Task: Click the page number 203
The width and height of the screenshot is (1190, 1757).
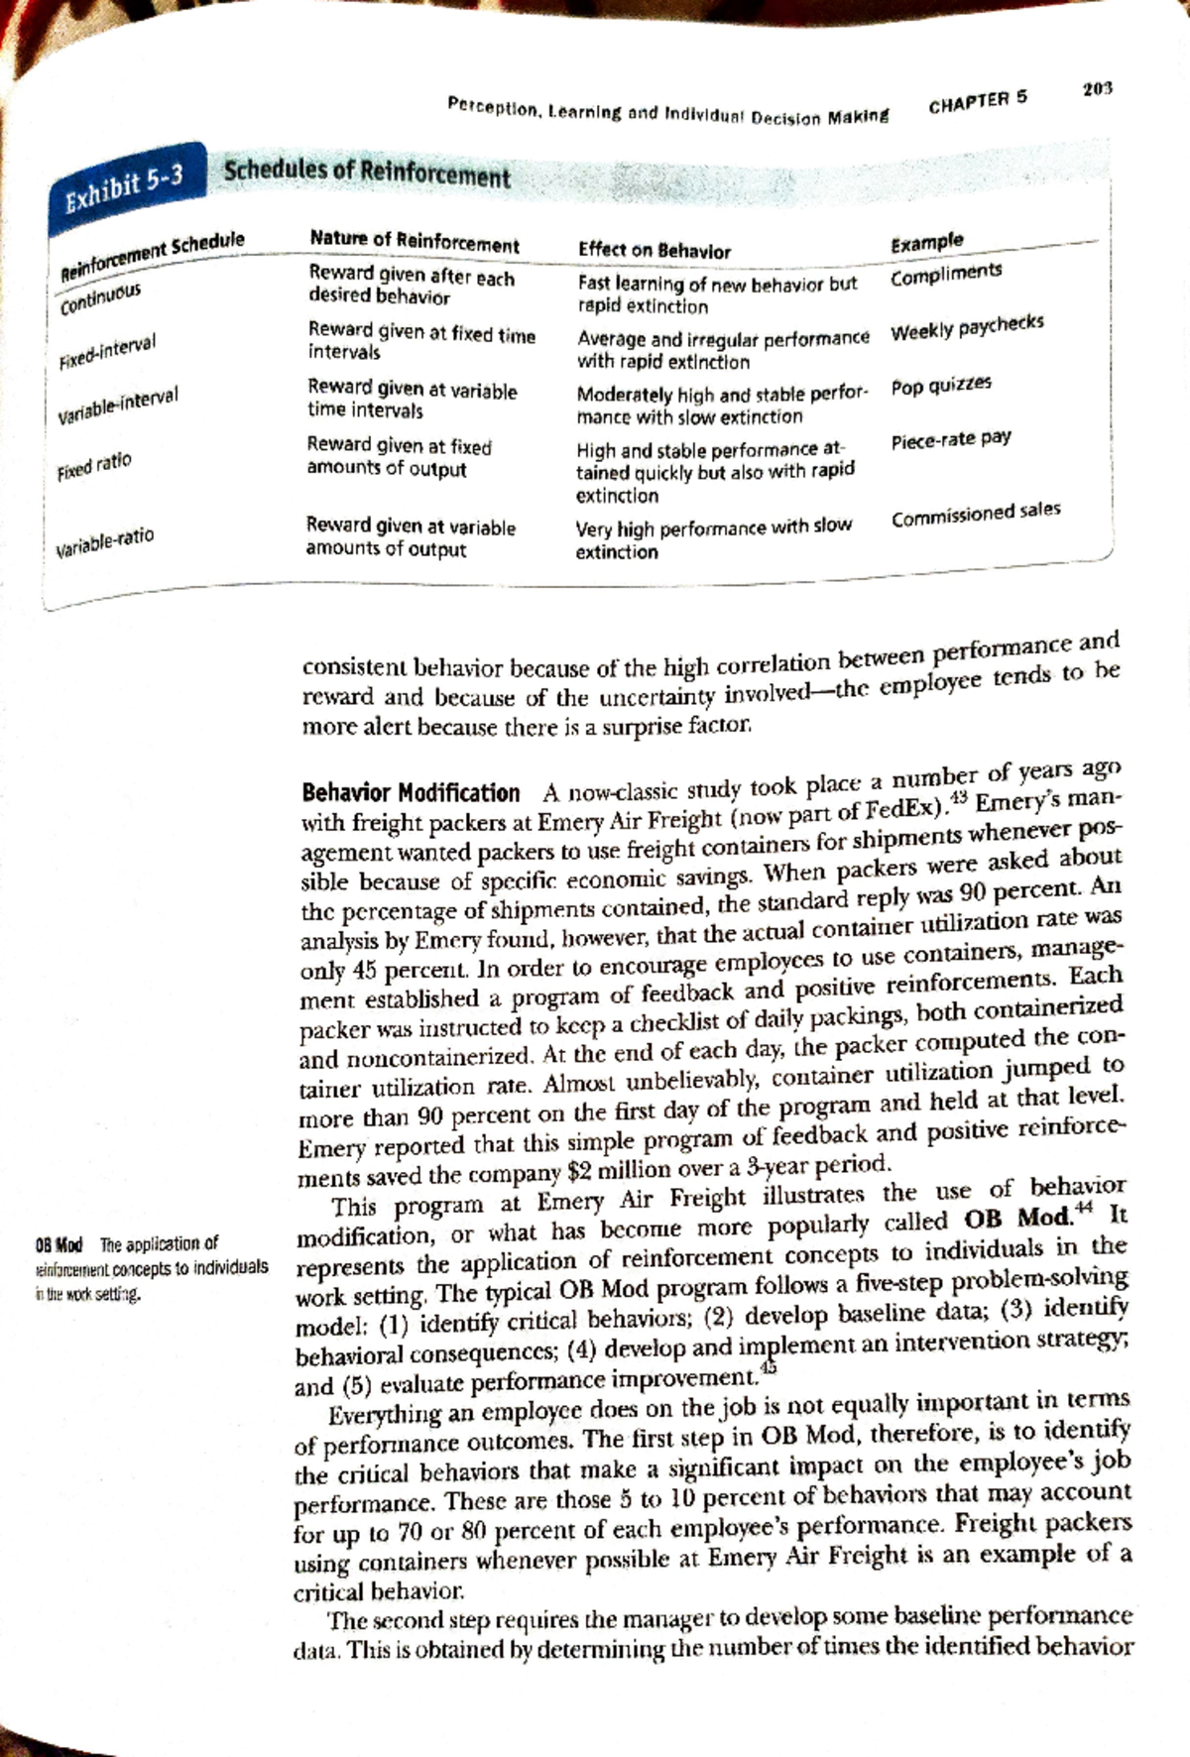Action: [x=1098, y=88]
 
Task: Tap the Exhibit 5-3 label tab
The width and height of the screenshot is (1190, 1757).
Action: [x=124, y=188]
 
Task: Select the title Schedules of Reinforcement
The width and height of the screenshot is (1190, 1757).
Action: [x=367, y=174]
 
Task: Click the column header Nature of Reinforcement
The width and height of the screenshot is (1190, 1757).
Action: [x=414, y=242]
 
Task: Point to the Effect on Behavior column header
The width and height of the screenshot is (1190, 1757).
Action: [x=654, y=251]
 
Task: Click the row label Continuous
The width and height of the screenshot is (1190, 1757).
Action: [x=102, y=297]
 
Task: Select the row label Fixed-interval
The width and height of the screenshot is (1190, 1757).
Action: [x=106, y=352]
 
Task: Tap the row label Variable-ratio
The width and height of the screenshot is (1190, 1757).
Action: [x=105, y=541]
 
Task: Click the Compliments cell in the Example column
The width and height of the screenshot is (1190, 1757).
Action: [x=946, y=273]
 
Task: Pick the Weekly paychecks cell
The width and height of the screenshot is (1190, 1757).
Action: [x=967, y=327]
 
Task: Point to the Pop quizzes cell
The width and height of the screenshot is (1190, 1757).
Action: [x=941, y=385]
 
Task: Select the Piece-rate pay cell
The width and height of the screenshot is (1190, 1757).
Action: [x=951, y=439]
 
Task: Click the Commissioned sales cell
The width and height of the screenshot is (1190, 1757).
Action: [x=976, y=515]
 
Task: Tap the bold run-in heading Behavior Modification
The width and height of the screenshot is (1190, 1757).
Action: [x=411, y=793]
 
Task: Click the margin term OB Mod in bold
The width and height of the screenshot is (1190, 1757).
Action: [x=59, y=1244]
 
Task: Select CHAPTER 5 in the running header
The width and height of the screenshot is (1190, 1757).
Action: [x=978, y=101]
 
